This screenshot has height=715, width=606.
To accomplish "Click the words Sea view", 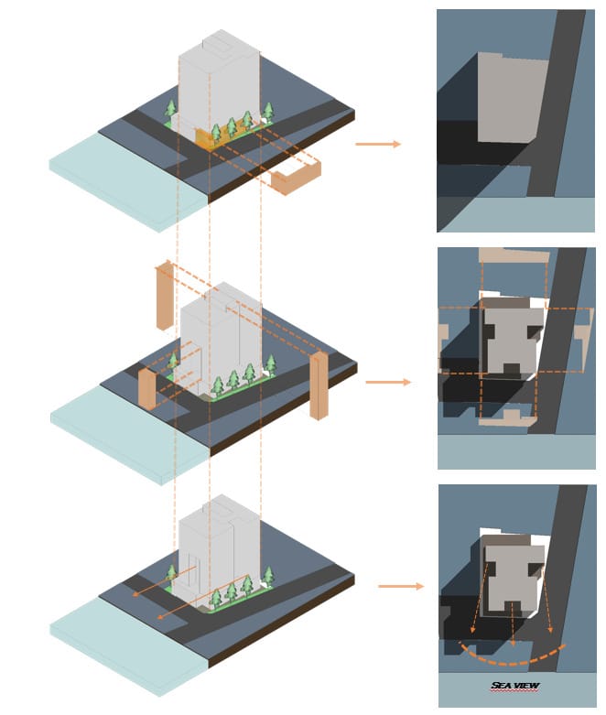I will (x=514, y=685).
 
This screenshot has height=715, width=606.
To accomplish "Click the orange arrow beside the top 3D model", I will (x=378, y=144).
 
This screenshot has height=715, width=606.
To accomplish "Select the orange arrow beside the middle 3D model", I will (x=388, y=382).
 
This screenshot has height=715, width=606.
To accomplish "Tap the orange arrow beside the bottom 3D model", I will (x=401, y=586).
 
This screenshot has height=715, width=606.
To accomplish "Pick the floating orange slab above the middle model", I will (x=164, y=295).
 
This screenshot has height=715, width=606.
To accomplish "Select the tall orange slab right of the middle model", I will (x=319, y=385).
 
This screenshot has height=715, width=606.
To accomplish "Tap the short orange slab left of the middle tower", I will (x=146, y=389).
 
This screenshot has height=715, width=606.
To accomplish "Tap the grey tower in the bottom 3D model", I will (x=217, y=549).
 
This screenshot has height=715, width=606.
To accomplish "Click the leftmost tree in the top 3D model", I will (x=170, y=110).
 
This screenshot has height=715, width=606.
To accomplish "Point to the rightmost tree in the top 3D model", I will (x=268, y=112).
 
